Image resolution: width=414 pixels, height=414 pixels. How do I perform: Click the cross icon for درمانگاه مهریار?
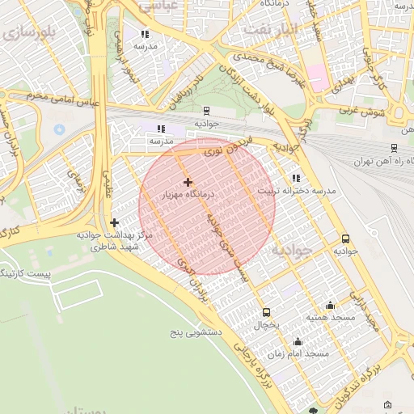coord(188,182)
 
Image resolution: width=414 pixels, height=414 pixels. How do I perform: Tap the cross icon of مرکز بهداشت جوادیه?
coord(114,222)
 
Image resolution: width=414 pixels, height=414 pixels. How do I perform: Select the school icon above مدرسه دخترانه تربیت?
coord(296,177)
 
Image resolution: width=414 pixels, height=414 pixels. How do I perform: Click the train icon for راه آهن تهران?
coord(394,148)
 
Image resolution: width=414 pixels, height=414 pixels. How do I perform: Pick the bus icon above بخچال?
coord(267,312)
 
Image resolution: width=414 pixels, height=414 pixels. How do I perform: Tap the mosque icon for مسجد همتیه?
coord(330,306)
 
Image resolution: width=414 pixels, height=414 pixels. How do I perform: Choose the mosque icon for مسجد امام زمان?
coord(298,341)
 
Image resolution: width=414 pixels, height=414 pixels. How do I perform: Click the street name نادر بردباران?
coord(185,91)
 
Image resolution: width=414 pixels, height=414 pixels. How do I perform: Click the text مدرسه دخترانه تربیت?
coord(296,191)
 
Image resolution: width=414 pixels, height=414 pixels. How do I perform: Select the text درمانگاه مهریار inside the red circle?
coord(188,195)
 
